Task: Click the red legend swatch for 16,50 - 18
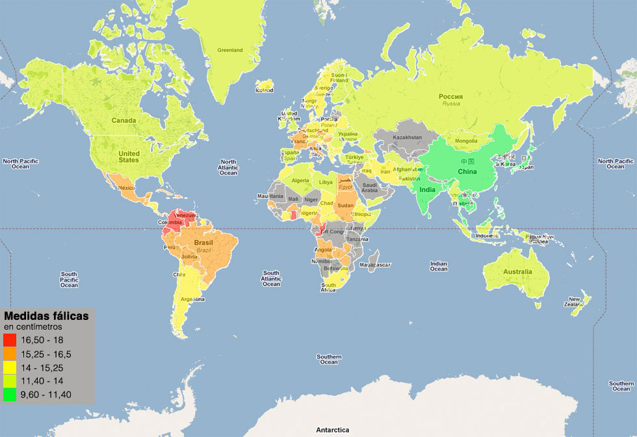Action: pyautogui.click(x=10, y=340)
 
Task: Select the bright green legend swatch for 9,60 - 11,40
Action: pyautogui.click(x=10, y=394)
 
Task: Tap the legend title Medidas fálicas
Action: pyautogui.click(x=46, y=315)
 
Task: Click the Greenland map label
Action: pyautogui.click(x=229, y=50)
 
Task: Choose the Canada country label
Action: pyautogui.click(x=123, y=120)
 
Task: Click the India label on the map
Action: pyautogui.click(x=427, y=190)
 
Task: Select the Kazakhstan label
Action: pyautogui.click(x=408, y=137)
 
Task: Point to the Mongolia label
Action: pyautogui.click(x=466, y=141)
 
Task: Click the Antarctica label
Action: pyautogui.click(x=332, y=430)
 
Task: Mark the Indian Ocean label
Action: pyautogui.click(x=439, y=266)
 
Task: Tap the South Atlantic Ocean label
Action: pyautogui.click(x=271, y=278)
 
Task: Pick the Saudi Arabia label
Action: pyautogui.click(x=369, y=187)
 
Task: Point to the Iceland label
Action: pyautogui.click(x=264, y=90)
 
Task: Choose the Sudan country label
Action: pyautogui.click(x=346, y=205)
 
